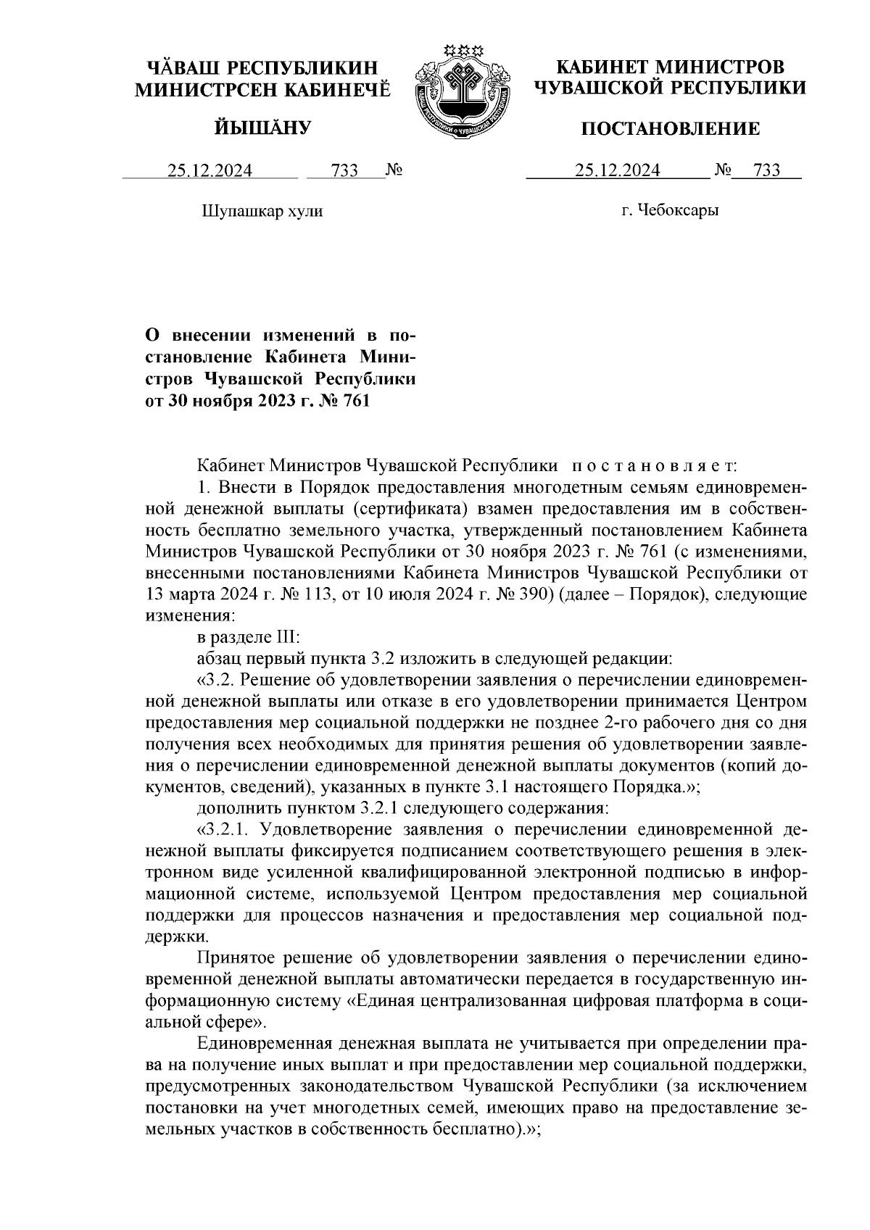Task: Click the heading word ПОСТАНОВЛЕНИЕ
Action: [671, 129]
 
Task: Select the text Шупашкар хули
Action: [261, 212]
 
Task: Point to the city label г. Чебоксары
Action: [670, 211]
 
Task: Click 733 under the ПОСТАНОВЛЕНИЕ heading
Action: [767, 171]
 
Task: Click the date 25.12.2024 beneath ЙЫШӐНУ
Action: [210, 171]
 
